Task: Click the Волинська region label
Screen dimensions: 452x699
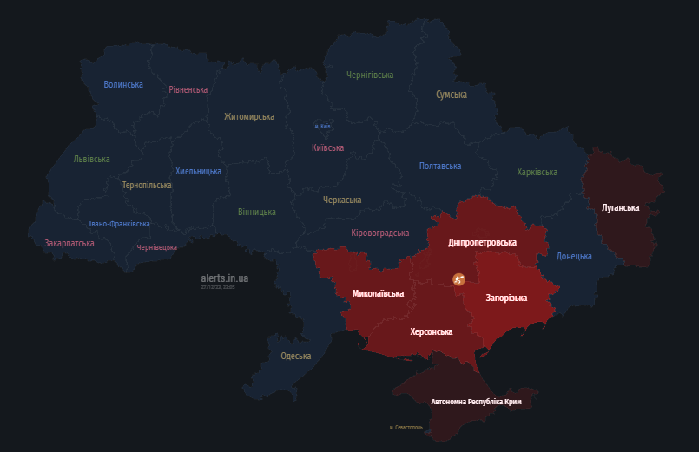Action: click(x=123, y=84)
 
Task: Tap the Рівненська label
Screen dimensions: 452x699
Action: click(x=188, y=89)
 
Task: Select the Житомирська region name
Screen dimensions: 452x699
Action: click(x=249, y=116)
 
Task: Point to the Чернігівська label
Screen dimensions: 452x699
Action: click(x=370, y=75)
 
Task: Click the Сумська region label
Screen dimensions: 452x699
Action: click(x=452, y=94)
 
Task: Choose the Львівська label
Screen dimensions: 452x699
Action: click(x=91, y=159)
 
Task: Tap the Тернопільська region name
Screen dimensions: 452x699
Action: click(x=146, y=185)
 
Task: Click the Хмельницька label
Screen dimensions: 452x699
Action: click(x=198, y=171)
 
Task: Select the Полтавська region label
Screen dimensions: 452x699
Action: click(x=440, y=166)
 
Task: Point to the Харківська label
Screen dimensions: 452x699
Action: click(x=537, y=172)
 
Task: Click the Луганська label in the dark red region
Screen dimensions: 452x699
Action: click(x=620, y=207)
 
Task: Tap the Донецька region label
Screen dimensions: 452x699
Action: click(x=574, y=256)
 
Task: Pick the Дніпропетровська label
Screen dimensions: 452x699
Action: click(x=482, y=242)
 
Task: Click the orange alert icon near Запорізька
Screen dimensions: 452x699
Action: click(x=458, y=278)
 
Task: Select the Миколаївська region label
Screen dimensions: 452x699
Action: click(x=378, y=293)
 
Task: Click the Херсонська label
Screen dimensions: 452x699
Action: click(x=432, y=331)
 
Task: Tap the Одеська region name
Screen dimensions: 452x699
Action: click(x=296, y=356)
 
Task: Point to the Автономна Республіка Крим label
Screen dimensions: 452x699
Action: click(x=476, y=402)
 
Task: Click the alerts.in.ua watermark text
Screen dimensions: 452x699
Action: click(x=224, y=278)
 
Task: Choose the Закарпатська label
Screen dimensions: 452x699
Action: click(x=69, y=243)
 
